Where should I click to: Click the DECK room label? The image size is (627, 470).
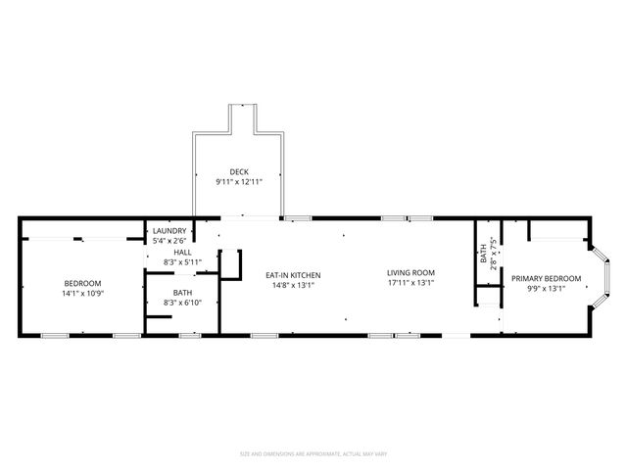(x=239, y=171)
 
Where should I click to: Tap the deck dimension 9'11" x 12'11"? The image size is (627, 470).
(x=239, y=182)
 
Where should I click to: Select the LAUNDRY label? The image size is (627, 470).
(x=169, y=231)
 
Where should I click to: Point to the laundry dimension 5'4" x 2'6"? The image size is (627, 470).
(x=169, y=241)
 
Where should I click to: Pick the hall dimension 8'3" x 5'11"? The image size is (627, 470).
(x=182, y=261)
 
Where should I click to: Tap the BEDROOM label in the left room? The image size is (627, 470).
(x=82, y=283)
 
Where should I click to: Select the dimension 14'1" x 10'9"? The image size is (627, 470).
(x=82, y=293)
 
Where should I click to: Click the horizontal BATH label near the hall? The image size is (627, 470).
(x=182, y=293)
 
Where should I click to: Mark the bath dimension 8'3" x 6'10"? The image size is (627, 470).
(x=182, y=304)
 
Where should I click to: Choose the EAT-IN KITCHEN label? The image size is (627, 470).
(x=294, y=275)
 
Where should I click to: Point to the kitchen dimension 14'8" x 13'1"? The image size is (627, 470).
(x=294, y=285)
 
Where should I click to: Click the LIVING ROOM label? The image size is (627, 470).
(x=410, y=272)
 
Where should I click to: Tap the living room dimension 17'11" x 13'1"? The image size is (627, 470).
(x=410, y=283)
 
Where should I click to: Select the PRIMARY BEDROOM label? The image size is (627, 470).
(x=547, y=279)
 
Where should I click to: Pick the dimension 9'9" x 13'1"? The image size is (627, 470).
(x=547, y=290)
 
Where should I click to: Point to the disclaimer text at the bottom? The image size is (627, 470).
(x=313, y=453)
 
